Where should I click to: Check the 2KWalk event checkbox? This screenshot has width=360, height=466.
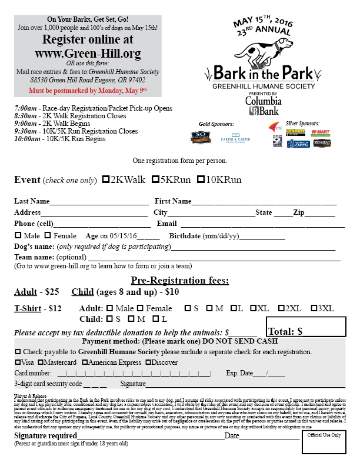pyautogui.click(x=106, y=179)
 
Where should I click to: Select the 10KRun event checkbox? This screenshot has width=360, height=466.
pyautogui.click(x=201, y=179)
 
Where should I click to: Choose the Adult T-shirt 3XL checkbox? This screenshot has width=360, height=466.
pyautogui.click(x=313, y=308)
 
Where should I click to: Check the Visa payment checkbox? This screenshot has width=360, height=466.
pyautogui.click(x=18, y=362)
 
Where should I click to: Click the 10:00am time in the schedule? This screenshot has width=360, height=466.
pyautogui.click(x=26, y=139)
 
